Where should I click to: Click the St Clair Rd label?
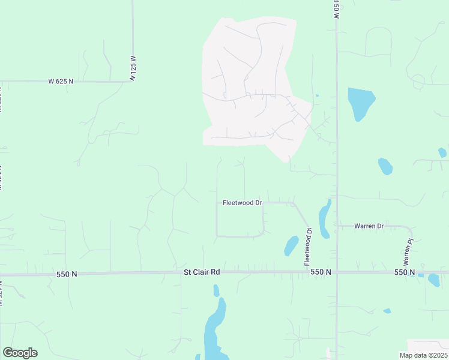[x=202, y=272]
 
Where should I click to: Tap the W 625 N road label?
[x=61, y=81]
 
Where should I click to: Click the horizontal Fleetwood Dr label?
[x=243, y=203]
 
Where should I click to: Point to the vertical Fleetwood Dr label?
[x=308, y=247]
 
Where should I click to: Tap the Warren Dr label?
[x=369, y=226]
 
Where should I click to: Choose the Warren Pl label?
[x=409, y=253]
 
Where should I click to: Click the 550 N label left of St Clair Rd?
[x=67, y=274]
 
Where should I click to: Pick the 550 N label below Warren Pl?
[x=405, y=272]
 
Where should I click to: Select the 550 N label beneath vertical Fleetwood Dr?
[x=321, y=272]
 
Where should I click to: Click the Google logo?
[x=20, y=353]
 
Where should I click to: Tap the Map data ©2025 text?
[x=423, y=355]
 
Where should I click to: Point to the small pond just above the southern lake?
[x=216, y=291]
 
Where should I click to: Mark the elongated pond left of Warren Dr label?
[x=325, y=218]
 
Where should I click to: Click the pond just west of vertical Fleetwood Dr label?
[x=291, y=245]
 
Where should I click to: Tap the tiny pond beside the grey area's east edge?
[x=316, y=95]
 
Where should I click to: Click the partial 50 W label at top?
[x=337, y=10]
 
